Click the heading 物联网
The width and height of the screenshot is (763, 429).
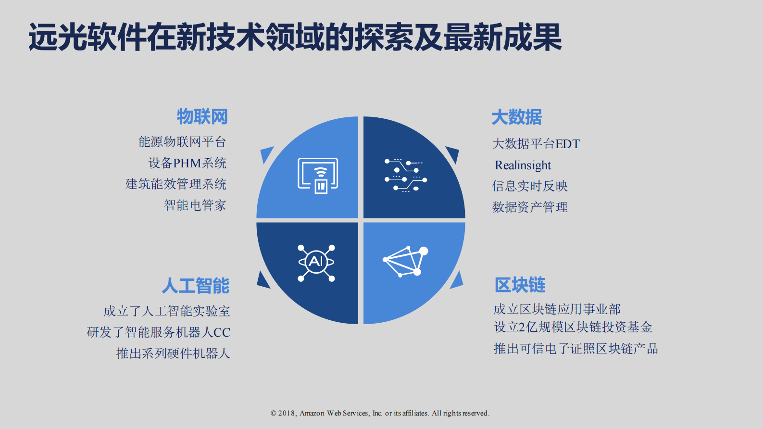coord(202,117)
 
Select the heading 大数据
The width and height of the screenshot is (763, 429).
coord(516,117)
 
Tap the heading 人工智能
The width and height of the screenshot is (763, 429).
coord(196,286)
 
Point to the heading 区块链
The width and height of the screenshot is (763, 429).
coord(520,285)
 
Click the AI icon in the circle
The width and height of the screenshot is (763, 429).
coord(316,262)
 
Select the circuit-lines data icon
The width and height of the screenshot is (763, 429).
coord(405,175)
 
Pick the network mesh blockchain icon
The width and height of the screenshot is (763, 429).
coord(406,261)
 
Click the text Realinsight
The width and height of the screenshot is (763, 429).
coord(523,165)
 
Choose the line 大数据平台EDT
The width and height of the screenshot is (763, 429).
coord(536,144)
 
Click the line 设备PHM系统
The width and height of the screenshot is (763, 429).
coord(187,163)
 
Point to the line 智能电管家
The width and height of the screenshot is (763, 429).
coord(195,205)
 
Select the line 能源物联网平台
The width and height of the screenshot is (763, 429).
coord(182,142)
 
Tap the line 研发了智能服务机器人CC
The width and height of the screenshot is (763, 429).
coord(158,332)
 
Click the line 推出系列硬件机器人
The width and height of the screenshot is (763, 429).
coord(173,353)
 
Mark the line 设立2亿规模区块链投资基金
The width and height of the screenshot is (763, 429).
coord(573,327)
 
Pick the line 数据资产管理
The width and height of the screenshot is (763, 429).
coord(529,207)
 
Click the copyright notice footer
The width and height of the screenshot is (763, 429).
coord(380,413)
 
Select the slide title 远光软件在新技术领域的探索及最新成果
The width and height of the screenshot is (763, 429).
coord(295,37)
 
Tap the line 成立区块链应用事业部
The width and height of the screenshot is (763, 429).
coord(557,309)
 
